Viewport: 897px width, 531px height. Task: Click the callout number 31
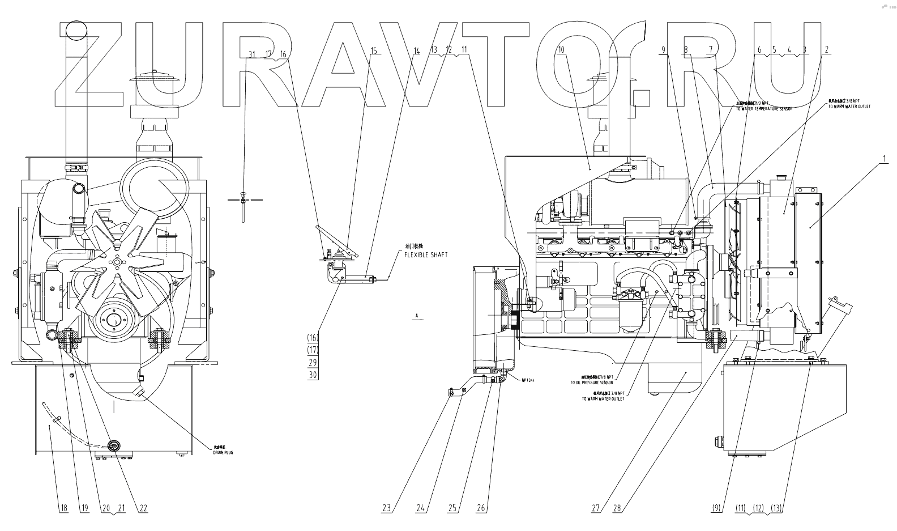tap(252, 54)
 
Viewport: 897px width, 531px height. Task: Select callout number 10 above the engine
tap(561, 50)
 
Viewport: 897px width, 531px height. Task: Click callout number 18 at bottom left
tap(63, 508)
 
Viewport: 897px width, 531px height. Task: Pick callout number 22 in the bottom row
tap(143, 508)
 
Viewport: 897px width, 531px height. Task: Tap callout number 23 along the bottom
tap(387, 508)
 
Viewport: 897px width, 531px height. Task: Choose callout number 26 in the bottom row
tap(481, 508)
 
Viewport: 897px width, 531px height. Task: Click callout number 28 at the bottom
tap(617, 508)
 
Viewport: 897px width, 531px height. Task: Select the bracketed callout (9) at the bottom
tap(717, 508)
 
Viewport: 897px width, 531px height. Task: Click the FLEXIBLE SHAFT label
tap(425, 255)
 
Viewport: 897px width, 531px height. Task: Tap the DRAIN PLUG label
tap(223, 452)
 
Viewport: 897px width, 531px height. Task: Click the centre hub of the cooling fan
tap(117, 261)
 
